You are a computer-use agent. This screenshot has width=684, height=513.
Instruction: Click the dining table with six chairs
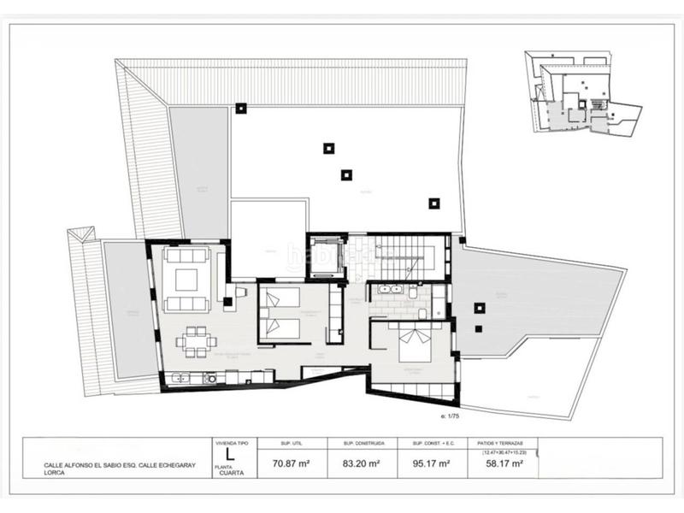coord(196,343)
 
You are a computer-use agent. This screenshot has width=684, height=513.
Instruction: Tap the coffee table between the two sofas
coord(187,279)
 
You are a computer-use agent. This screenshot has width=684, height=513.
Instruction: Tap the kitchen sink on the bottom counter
coord(180,377)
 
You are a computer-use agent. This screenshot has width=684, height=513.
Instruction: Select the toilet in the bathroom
coord(414,293)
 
